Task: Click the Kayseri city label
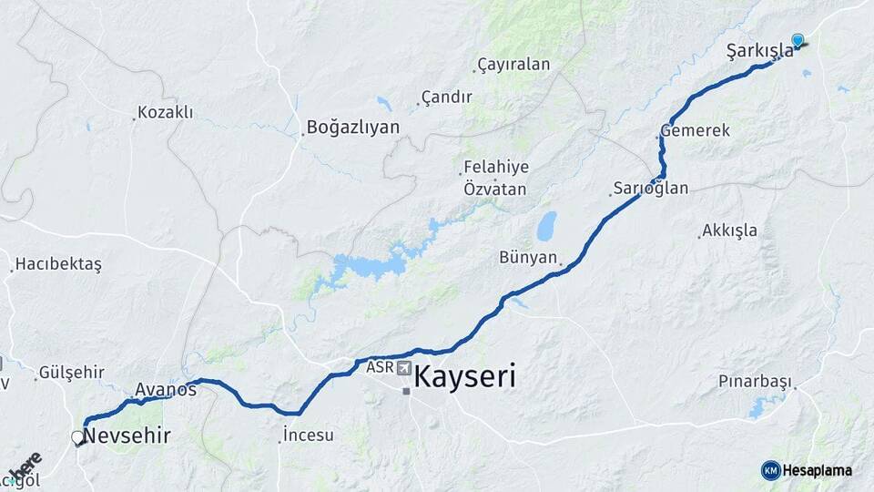pos(465,376)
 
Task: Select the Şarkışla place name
pos(760,51)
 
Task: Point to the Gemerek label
pos(696,131)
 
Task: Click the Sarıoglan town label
pos(651,189)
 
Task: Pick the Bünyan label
pos(528,258)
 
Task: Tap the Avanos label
pos(166,390)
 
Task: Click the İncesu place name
pos(309,436)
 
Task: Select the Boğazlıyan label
pos(353,128)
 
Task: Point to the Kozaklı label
pos(165,113)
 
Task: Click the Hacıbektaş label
pos(58,264)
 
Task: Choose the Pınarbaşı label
pos(755,381)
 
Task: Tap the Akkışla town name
pos(730,231)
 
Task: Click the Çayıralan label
pos(514,65)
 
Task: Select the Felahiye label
pos(496,168)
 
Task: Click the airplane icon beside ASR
pos(402,368)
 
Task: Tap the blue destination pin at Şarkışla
pos(798,40)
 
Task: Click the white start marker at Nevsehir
pos(78,438)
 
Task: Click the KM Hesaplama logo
pos(807,470)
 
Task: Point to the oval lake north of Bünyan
pos(546,225)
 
